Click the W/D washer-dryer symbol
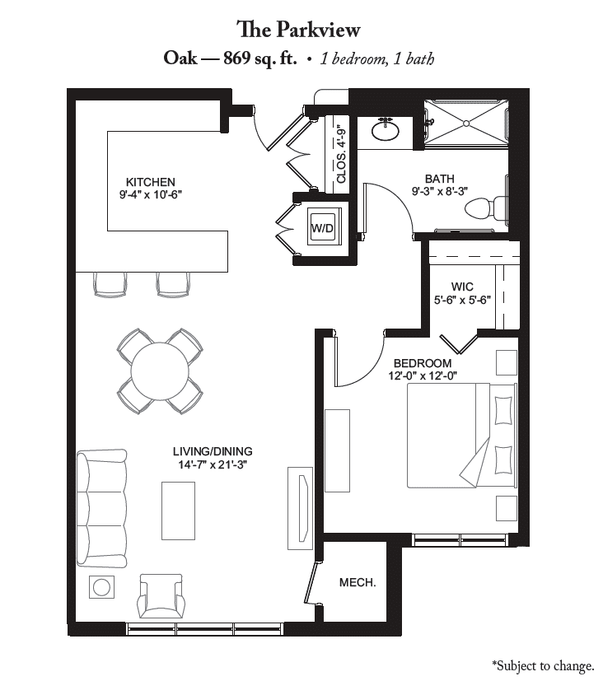click(322, 227)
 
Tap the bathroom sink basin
click(386, 131)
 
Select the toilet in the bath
click(487, 208)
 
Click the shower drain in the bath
click(466, 124)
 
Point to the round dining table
click(160, 371)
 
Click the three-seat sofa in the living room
click(101, 508)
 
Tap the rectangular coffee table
click(178, 511)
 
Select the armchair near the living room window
click(160, 595)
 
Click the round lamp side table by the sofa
click(101, 587)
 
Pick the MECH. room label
click(358, 582)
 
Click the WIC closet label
click(462, 287)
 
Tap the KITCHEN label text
click(150, 182)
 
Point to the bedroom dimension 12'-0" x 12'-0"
click(423, 375)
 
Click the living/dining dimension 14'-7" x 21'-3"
click(213, 464)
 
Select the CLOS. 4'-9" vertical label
click(342, 156)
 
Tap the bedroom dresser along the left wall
click(337, 450)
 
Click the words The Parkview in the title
click(298, 30)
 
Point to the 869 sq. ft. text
click(260, 58)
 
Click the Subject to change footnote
click(543, 665)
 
